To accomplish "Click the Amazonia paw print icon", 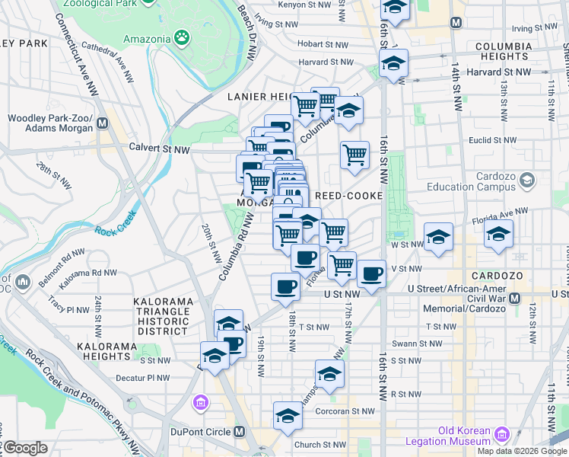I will pos(182,37).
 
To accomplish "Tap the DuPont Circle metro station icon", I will pos(240,432).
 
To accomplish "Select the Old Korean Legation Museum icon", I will pos(502,435).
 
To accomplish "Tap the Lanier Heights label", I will pos(259,97).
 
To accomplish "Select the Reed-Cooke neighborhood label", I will pos(347,196).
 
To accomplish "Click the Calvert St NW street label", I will pos(159,149).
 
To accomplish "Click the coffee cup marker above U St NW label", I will pos(285,287).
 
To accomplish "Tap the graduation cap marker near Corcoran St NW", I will pos(288,416).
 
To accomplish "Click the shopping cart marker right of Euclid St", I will pos(354,155).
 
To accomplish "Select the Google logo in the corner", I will pos(25,448).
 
